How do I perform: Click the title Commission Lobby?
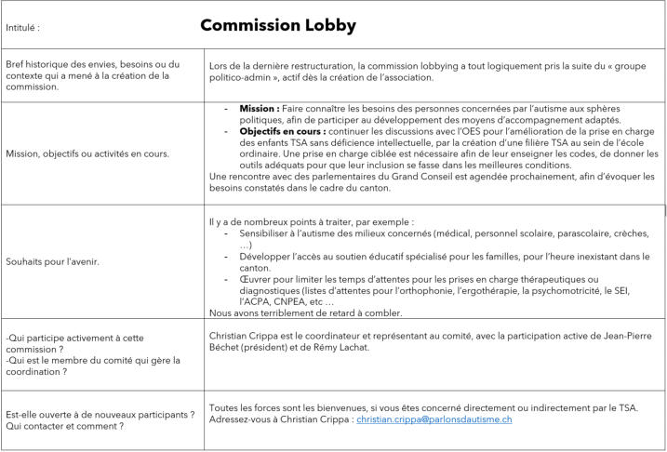pyautogui.click(x=277, y=25)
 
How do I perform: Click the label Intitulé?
pyautogui.click(x=22, y=28)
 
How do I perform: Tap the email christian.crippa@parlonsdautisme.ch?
pyautogui.click(x=434, y=419)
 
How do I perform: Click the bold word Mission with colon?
pyautogui.click(x=258, y=108)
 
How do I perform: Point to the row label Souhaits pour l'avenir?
pyautogui.click(x=53, y=261)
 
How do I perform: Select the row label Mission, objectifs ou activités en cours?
pyautogui.click(x=87, y=153)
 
